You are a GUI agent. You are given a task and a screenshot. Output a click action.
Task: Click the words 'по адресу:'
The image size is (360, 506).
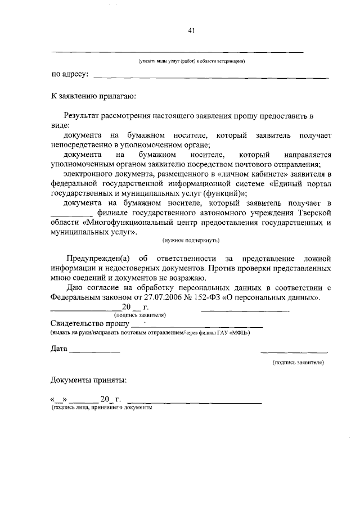pyautogui.click(x=70, y=74)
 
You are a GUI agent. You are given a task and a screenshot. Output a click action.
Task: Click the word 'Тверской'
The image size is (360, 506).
pyautogui.click(x=313, y=212)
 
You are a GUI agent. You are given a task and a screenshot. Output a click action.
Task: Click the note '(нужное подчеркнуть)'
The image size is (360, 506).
pyautogui.click(x=191, y=240)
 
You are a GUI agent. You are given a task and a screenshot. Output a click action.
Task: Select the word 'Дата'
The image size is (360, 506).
pyautogui.click(x=59, y=349)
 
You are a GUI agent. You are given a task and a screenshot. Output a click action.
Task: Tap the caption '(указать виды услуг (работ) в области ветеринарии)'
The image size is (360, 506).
pyautogui.click(x=192, y=61)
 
